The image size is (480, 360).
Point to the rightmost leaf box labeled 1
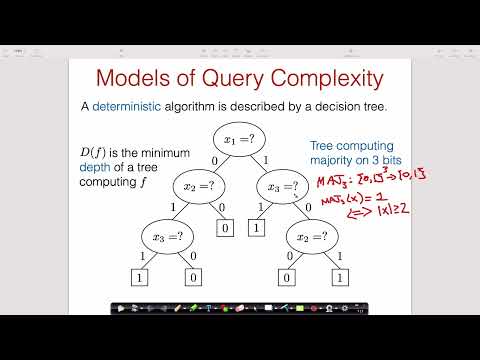pos(340,276)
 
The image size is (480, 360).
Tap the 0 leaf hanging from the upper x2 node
pos(225,228)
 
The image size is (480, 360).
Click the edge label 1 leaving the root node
pos(265,160)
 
